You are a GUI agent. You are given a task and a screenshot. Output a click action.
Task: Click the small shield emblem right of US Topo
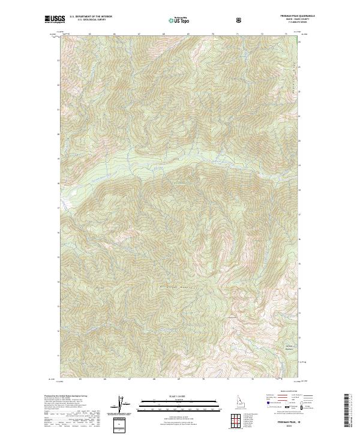240,20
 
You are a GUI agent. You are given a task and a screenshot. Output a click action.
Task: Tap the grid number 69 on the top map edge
188,34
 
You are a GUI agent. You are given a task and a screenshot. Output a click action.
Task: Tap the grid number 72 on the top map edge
262,34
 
